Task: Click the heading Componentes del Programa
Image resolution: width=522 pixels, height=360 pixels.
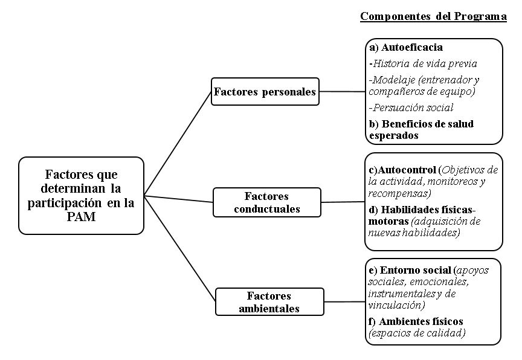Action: click(433, 16)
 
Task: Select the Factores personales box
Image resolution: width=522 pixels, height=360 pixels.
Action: click(265, 92)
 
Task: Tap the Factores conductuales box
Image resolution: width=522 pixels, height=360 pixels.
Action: click(266, 202)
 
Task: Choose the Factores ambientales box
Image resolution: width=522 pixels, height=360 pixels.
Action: click(269, 301)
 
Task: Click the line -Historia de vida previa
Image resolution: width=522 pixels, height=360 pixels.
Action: click(423, 63)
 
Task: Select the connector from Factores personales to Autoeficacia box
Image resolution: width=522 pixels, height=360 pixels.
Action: click(342, 92)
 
